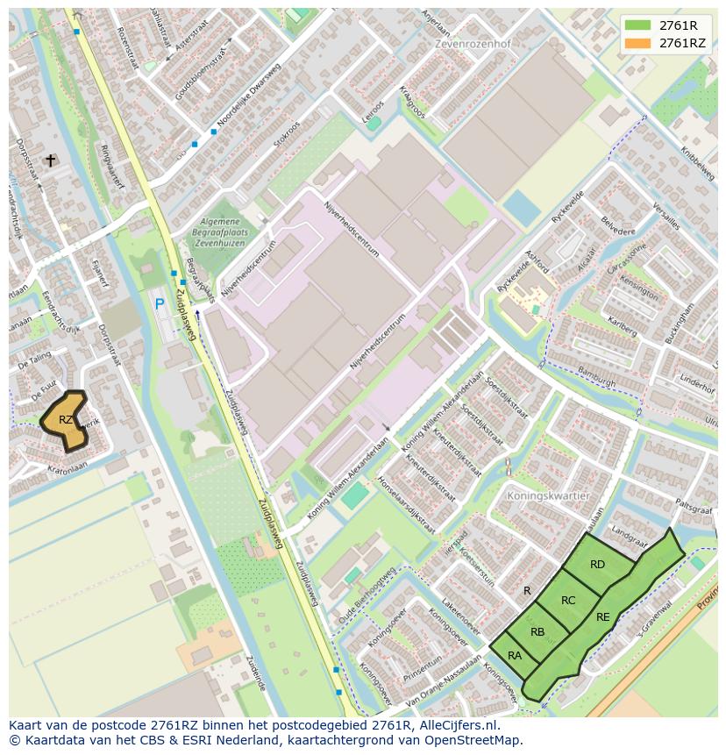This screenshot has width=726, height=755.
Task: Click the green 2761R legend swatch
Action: click(x=639, y=25)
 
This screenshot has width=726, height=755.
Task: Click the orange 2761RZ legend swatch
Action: click(x=639, y=43)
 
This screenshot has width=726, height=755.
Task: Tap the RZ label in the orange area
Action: click(x=66, y=420)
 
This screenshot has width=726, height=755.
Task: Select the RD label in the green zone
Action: click(x=597, y=565)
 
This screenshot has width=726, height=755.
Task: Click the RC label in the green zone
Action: click(x=568, y=601)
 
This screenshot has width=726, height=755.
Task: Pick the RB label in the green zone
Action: click(x=537, y=632)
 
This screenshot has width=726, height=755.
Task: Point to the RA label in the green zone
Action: click(x=515, y=656)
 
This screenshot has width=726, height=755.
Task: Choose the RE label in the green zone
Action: click(x=603, y=617)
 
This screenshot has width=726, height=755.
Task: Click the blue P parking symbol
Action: click(x=160, y=304)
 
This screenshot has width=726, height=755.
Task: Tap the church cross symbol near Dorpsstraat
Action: click(x=51, y=160)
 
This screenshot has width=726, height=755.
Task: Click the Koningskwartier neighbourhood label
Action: click(x=547, y=495)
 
